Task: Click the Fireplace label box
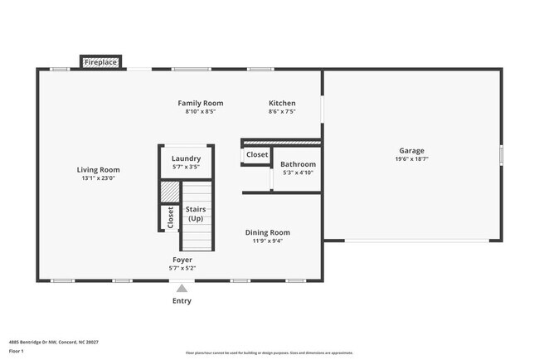(x=100, y=62)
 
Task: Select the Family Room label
(x=201, y=104)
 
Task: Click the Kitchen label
(x=282, y=104)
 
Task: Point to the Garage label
(x=411, y=151)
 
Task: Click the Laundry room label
(x=186, y=158)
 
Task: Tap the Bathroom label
(x=298, y=164)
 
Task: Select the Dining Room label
(x=267, y=232)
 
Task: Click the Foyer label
(x=182, y=259)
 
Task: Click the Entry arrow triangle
(x=182, y=288)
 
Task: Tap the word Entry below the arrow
(x=182, y=301)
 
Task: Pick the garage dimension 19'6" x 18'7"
(x=411, y=159)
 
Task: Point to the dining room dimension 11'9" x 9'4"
(x=267, y=241)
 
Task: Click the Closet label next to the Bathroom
(x=257, y=154)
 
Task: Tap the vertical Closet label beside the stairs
(x=171, y=217)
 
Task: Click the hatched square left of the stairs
(x=169, y=192)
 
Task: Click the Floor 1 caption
(x=17, y=351)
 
